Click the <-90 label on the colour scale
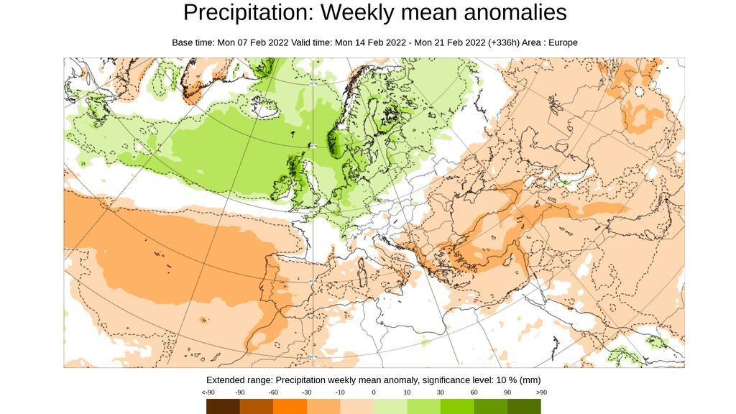click(208, 392)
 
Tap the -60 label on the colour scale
click(274, 392)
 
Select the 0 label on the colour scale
click(374, 392)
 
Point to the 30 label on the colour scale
click(440, 392)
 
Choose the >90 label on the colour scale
click(541, 392)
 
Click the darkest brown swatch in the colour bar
click(223, 407)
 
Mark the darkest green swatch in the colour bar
click(524, 407)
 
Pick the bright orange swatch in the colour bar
click(290, 407)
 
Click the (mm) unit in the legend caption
click(530, 379)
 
